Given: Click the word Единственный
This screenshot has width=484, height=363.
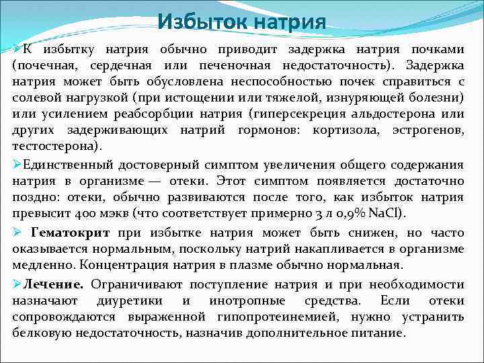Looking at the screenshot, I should click(x=64, y=165).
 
